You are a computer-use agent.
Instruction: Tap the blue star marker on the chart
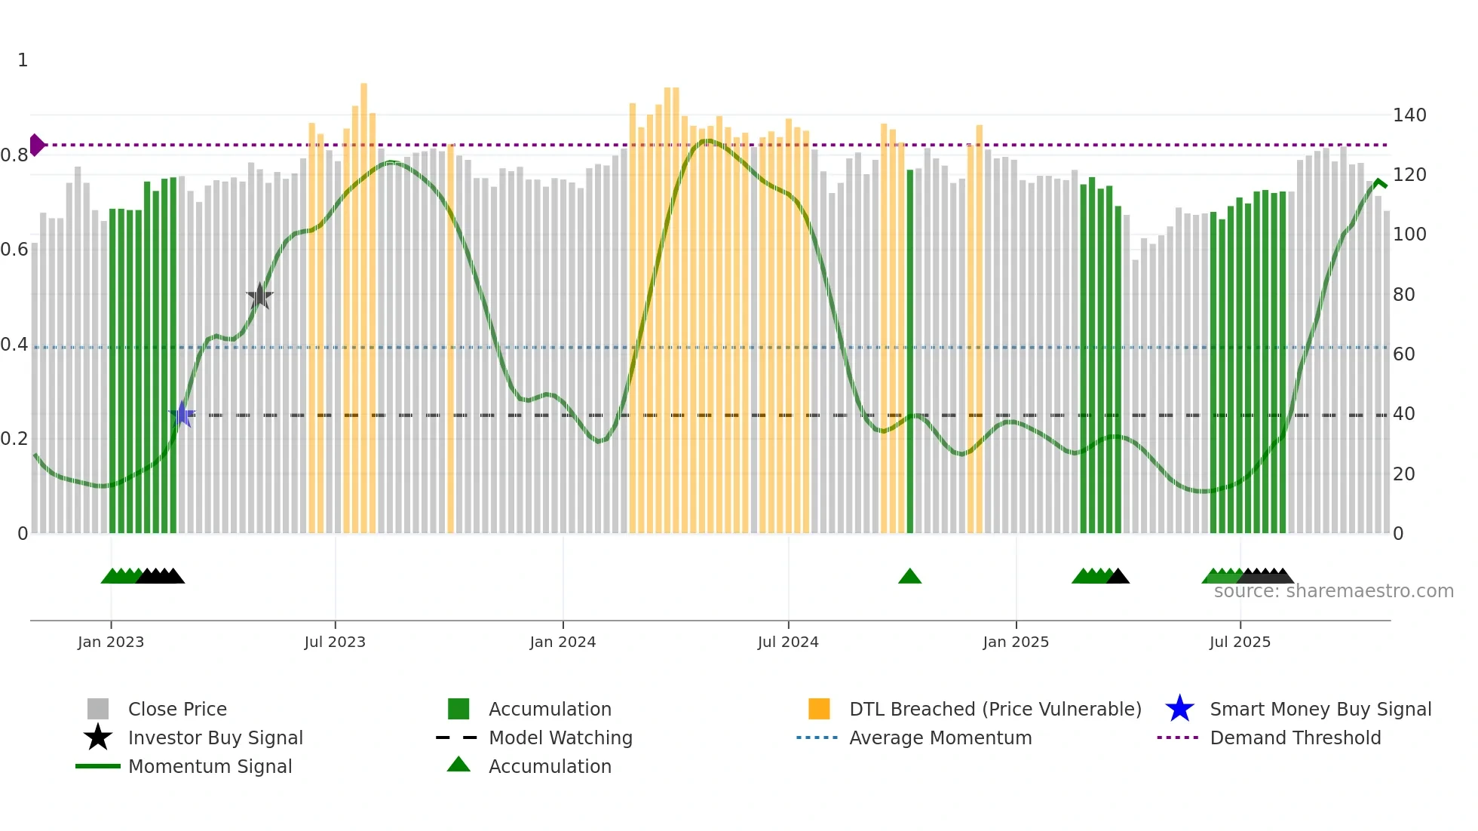(182, 414)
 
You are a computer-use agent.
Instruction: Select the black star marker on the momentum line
(259, 296)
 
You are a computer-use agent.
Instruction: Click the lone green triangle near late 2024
(909, 577)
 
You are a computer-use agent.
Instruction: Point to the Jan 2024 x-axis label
(563, 642)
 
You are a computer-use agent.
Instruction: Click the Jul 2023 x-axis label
(335, 642)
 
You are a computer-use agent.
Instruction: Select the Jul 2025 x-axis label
(1240, 642)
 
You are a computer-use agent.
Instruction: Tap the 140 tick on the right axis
(1409, 115)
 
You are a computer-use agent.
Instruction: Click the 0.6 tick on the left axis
(14, 250)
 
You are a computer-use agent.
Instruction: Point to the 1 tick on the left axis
(23, 60)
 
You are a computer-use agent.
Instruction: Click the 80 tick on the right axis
(1403, 295)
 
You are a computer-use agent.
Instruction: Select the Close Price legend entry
(176, 709)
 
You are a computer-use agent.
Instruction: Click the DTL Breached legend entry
(995, 709)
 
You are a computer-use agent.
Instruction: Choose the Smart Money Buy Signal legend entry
(1320, 709)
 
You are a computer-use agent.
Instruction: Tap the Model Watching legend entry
(560, 737)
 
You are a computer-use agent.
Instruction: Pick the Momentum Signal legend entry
(210, 766)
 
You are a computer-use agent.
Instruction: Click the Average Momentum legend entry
(940, 737)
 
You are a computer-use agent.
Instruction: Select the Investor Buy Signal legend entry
(215, 737)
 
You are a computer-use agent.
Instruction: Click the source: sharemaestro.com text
(1333, 591)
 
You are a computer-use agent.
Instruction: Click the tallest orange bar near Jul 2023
(363, 302)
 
